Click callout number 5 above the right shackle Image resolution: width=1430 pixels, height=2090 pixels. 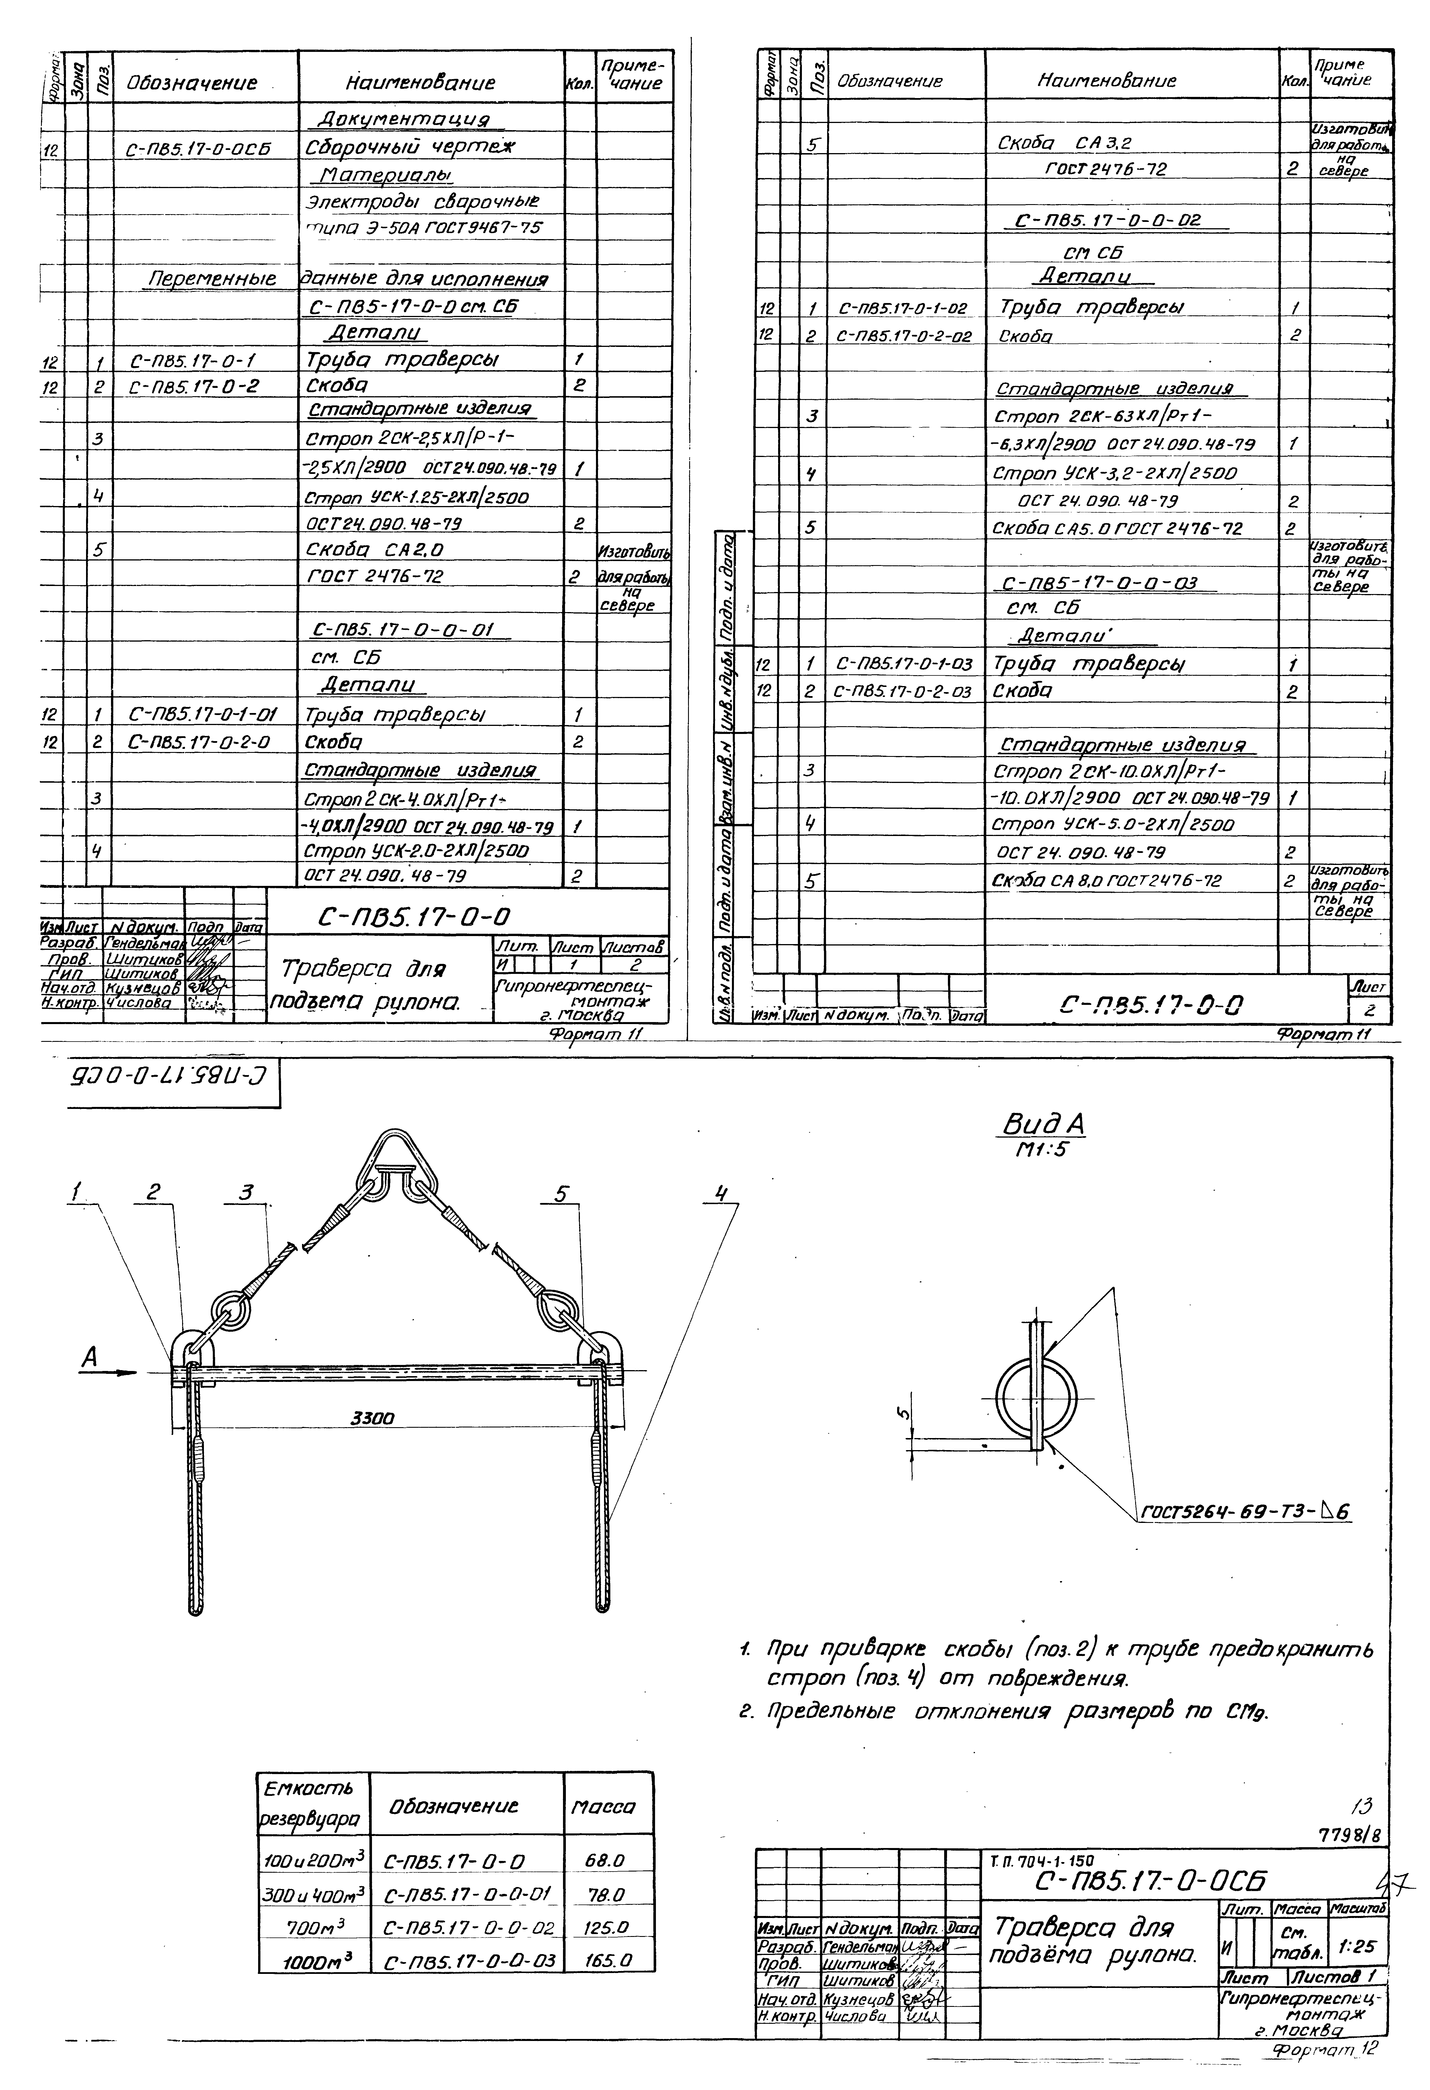coord(561,1194)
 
